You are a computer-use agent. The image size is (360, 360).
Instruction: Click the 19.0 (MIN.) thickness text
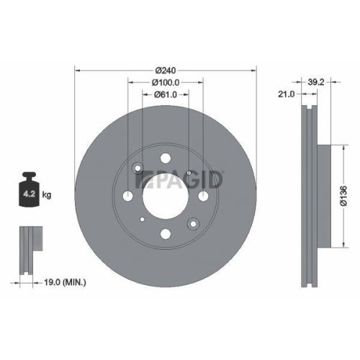[63, 284]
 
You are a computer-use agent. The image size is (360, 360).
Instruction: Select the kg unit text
[47, 194]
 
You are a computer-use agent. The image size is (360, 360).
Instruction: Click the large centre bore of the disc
[166, 194]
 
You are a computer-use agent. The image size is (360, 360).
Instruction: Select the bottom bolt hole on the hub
[166, 233]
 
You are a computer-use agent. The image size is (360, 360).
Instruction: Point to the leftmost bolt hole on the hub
[129, 195]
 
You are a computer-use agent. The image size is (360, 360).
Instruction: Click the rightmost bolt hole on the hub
[203, 195]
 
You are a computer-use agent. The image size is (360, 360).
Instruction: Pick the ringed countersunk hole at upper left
[140, 169]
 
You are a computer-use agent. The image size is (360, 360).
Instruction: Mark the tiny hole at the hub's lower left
[143, 218]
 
